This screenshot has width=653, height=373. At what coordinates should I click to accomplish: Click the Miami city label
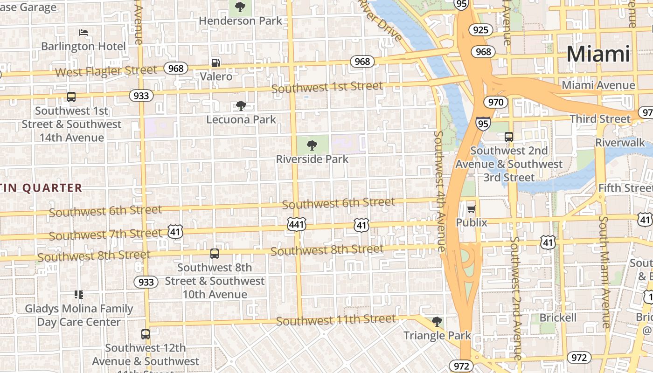tap(598, 54)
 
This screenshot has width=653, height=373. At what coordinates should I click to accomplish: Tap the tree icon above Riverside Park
tap(312, 145)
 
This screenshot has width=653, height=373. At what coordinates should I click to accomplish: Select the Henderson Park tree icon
tap(240, 7)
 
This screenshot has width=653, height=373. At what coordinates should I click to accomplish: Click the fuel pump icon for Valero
tap(216, 62)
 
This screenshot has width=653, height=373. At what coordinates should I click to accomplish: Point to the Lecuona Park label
tap(241, 119)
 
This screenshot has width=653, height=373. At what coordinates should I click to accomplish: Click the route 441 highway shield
tap(297, 225)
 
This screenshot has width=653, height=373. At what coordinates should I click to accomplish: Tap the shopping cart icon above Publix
tap(471, 209)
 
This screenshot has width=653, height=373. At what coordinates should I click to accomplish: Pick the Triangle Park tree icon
tap(437, 322)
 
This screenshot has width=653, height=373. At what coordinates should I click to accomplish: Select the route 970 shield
tap(495, 102)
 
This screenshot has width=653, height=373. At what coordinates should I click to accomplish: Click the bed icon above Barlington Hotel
tap(83, 33)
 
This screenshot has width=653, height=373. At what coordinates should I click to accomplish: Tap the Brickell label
tap(558, 318)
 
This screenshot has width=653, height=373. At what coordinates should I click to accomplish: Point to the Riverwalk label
tap(620, 143)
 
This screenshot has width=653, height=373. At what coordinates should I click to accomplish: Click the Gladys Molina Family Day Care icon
tap(79, 295)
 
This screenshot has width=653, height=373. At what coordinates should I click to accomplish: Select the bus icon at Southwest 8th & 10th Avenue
tap(214, 254)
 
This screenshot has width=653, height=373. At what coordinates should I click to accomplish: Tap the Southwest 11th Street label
tap(336, 320)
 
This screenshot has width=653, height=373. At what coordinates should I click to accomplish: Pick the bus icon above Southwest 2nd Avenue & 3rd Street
tap(509, 137)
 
